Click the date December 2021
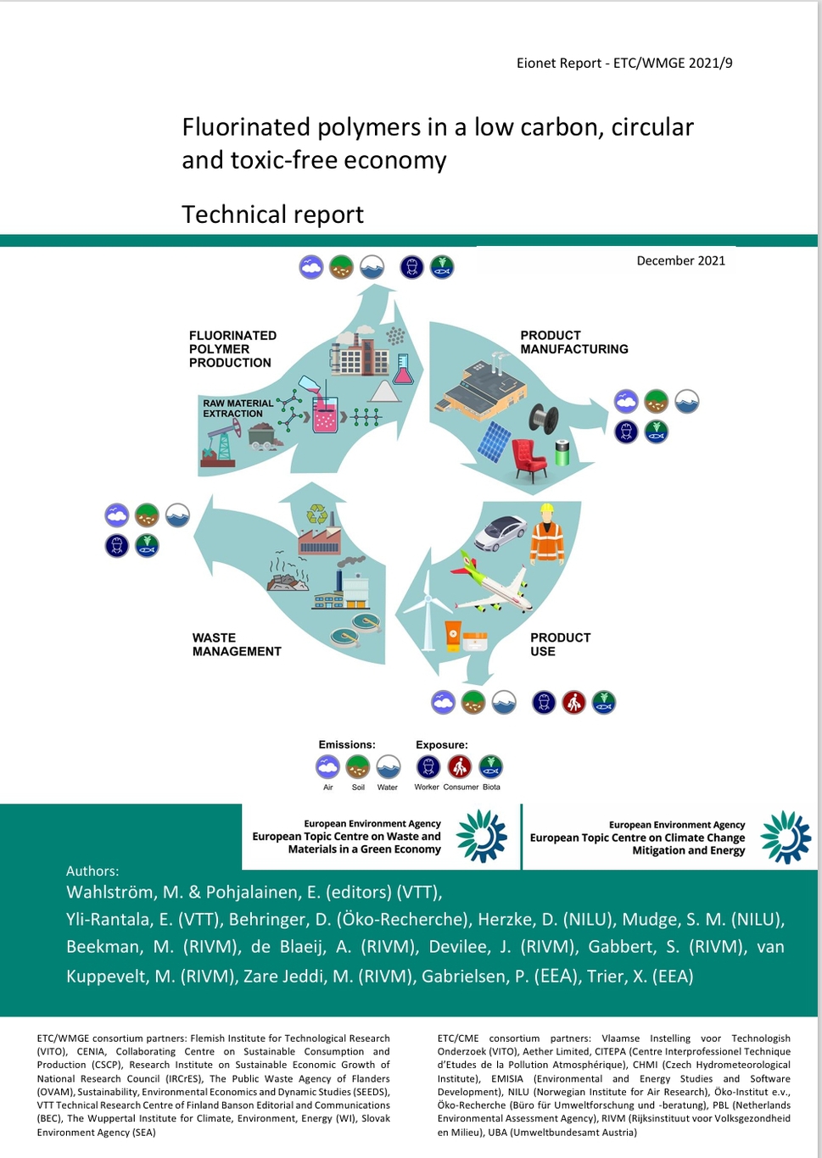681,260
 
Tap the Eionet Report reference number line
624,63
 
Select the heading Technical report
272,214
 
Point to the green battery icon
562,453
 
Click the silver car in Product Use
500,532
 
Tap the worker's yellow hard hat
547,509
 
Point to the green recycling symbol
317,514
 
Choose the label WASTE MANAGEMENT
237,644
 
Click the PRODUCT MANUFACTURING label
574,342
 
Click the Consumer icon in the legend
460,766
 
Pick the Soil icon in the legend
357,766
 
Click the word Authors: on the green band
92,871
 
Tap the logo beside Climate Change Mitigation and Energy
786,837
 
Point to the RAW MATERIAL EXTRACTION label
238,409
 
